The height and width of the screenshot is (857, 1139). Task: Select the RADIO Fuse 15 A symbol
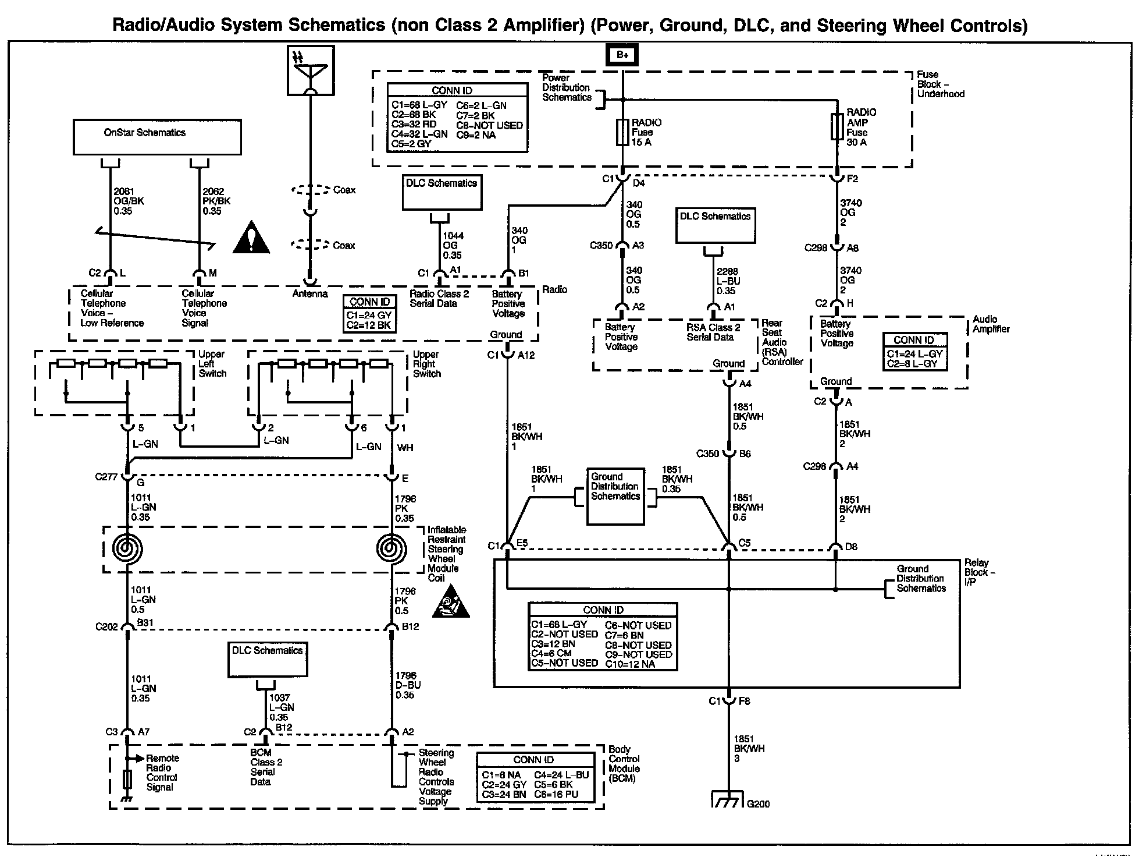click(622, 133)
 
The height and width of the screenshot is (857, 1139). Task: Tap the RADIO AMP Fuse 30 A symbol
click(837, 127)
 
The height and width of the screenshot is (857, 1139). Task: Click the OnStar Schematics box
click(157, 137)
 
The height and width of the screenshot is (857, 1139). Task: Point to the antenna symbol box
click(311, 70)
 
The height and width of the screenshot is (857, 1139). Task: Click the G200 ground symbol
click(728, 800)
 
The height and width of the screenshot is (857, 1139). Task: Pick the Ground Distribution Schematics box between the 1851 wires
click(615, 496)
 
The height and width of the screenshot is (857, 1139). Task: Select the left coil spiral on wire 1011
click(127, 548)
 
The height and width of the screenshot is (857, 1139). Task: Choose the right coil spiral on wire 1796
click(391, 548)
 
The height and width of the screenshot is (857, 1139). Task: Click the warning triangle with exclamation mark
click(251, 238)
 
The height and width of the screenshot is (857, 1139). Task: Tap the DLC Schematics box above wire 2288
click(716, 225)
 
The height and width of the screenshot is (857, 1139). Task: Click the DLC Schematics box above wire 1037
click(268, 660)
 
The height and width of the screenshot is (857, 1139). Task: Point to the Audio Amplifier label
click(991, 324)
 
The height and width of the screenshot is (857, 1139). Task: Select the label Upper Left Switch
click(212, 364)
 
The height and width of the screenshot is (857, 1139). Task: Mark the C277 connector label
click(106, 477)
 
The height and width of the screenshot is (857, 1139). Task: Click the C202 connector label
click(106, 627)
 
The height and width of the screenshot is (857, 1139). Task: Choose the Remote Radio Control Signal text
click(162, 773)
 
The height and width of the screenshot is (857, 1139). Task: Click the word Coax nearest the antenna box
click(344, 190)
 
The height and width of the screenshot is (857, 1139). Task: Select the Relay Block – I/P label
click(980, 572)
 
